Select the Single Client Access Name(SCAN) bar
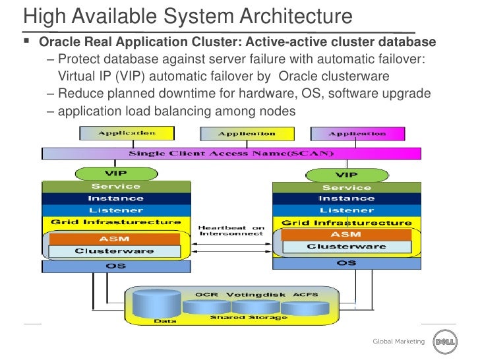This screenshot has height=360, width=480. coord(231,154)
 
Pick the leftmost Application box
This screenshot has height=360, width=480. coord(127,133)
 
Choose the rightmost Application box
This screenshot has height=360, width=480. coord(357,134)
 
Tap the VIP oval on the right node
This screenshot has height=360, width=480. coord(346,175)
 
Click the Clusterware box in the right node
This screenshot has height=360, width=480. coord(346,247)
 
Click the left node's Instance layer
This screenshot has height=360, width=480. coord(115,198)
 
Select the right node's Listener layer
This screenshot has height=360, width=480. coord(346,210)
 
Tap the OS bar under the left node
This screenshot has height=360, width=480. coord(115,266)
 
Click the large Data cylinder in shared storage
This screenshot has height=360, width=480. coord(156,304)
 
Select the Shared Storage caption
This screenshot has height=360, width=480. coord(249,318)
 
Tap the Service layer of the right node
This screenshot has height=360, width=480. coord(346,187)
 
